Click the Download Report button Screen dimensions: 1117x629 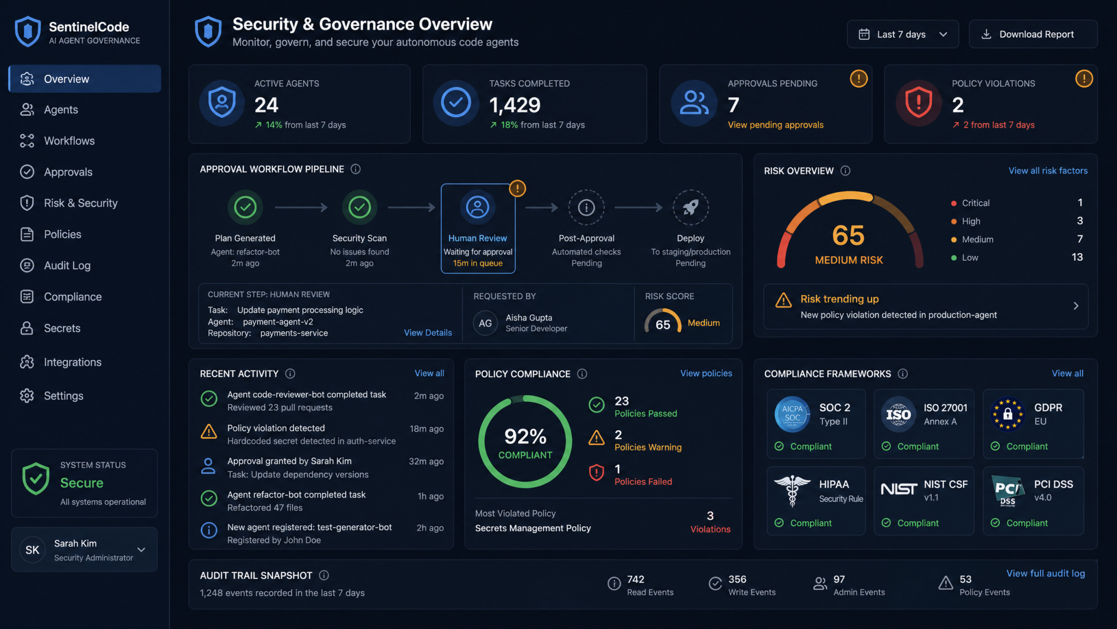coord(1033,34)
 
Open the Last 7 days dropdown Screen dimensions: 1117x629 coord(903,34)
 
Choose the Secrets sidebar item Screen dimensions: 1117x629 coord(62,328)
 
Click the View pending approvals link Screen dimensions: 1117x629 coord(776,125)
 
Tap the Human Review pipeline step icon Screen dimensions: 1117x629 coord(478,207)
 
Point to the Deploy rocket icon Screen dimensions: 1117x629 coord(690,207)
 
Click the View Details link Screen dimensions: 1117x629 coord(428,333)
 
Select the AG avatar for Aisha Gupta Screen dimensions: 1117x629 coord(485,323)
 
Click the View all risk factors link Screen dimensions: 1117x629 coord(1048,171)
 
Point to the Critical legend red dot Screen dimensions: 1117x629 coord(953,203)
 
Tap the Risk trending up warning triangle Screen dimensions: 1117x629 coord(784,300)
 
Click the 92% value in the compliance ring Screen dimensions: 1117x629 coord(525,436)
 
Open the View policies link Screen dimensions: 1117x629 coord(706,373)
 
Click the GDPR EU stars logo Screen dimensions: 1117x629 coord(1008,414)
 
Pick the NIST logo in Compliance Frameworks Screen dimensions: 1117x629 coord(899,489)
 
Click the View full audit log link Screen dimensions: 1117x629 coord(1046,573)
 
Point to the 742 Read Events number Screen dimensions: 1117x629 coord(635,579)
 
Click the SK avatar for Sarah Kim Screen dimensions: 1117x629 coord(33,550)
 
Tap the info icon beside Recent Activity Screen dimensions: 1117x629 coord(290,373)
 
